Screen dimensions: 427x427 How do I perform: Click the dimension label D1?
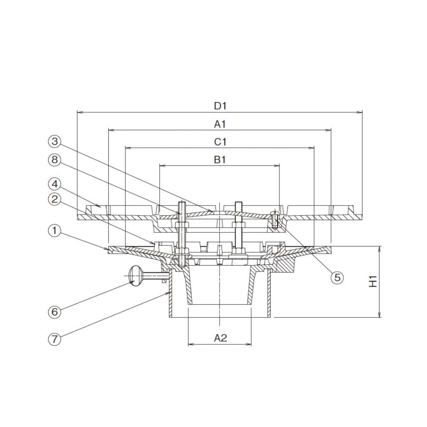220,106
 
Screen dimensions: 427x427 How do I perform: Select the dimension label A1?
220,124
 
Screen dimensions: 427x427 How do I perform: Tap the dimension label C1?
220,142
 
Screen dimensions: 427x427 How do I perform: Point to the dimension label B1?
220,159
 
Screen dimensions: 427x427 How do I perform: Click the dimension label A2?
220,338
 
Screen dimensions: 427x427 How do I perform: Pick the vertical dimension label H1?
372,281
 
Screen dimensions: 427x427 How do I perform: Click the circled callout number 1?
55,231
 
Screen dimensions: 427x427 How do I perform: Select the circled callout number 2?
55,200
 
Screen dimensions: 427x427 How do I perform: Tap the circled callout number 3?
55,141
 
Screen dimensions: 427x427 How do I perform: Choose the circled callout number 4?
55,184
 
